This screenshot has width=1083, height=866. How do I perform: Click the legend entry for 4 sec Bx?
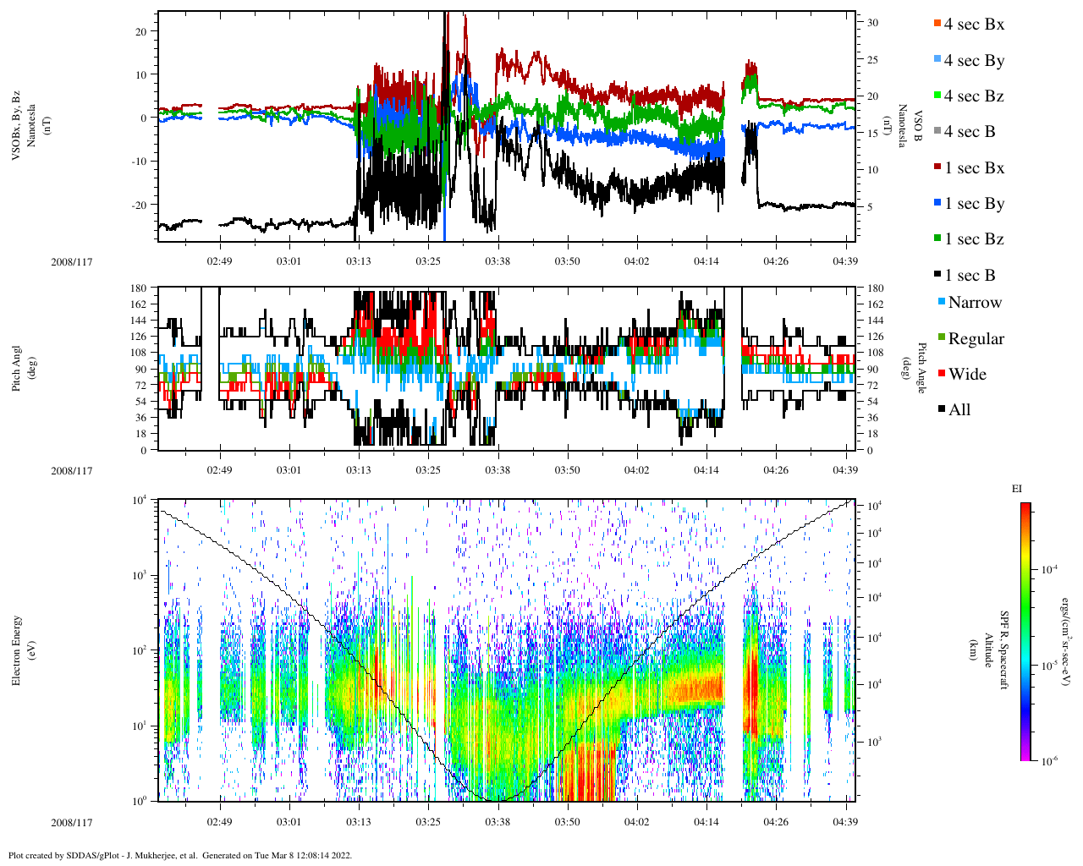[973, 25]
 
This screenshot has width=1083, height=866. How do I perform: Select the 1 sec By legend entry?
[973, 204]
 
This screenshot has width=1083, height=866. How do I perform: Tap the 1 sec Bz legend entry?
[973, 239]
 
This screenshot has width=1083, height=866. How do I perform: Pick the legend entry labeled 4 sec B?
[969, 132]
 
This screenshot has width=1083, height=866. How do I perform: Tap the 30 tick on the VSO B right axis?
[872, 23]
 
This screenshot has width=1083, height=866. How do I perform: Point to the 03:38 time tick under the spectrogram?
[498, 822]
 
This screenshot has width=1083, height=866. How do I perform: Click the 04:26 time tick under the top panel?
[776, 261]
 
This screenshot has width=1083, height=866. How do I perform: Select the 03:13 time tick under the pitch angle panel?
[358, 470]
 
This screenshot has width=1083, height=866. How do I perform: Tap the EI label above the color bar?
[1017, 489]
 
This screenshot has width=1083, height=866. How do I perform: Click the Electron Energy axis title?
[17, 649]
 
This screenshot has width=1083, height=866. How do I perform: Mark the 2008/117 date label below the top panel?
[72, 261]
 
